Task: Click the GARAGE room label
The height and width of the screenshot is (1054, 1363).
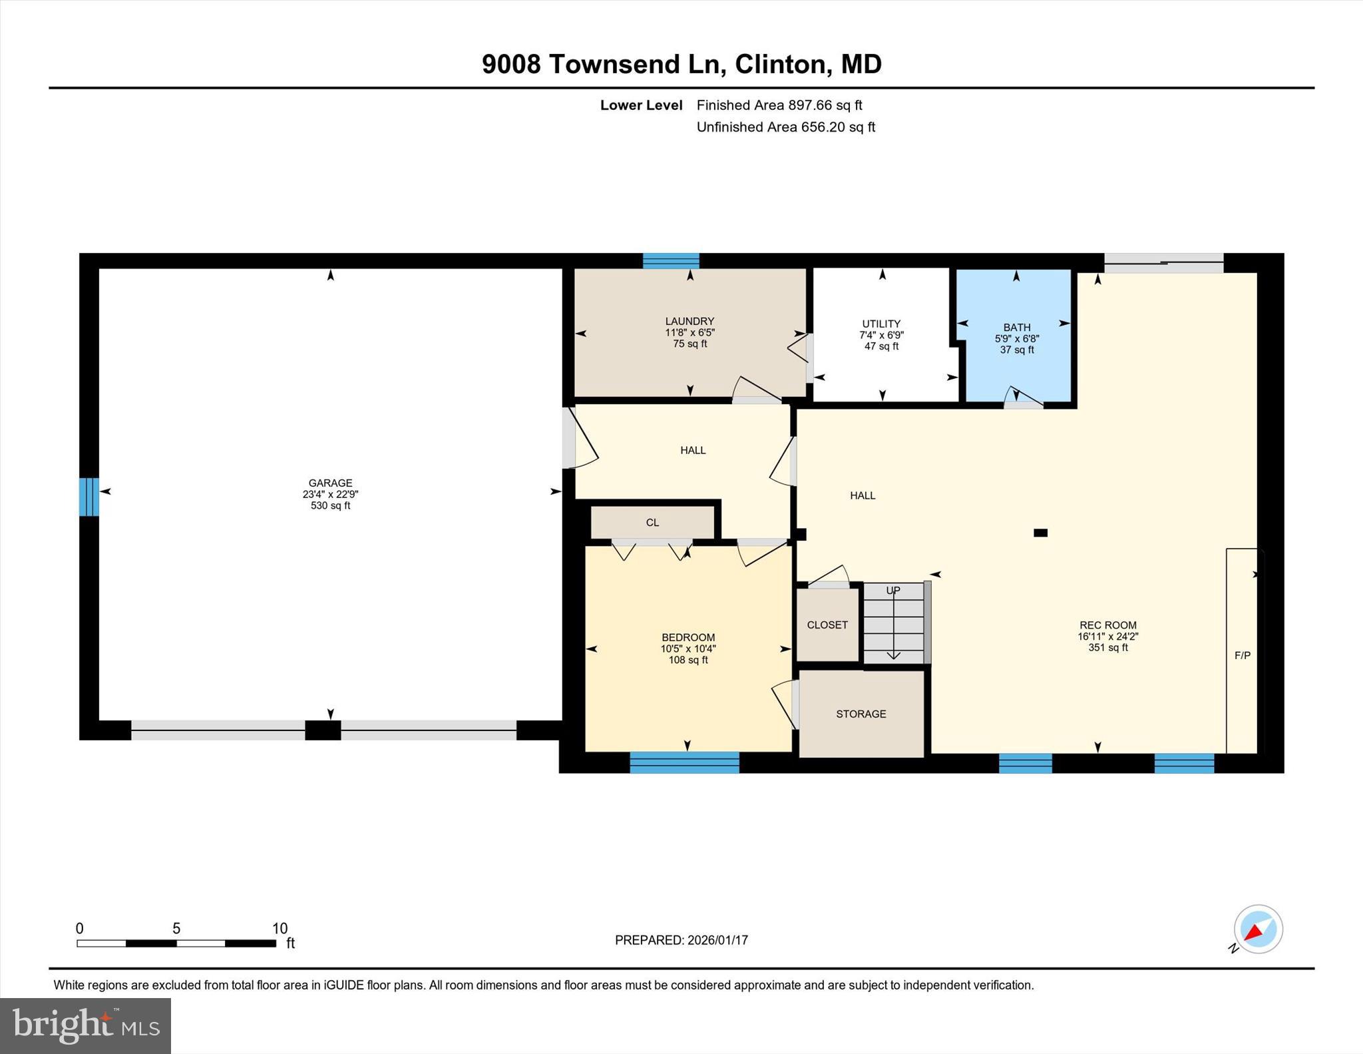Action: [x=330, y=483]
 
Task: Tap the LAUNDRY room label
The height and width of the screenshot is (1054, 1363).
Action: [x=689, y=321]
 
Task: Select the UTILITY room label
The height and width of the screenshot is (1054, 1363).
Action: [x=881, y=324]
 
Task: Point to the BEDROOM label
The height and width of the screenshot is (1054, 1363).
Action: [x=688, y=637]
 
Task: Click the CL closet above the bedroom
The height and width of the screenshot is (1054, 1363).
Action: [x=652, y=523]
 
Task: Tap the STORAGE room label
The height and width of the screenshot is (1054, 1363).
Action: [x=861, y=714]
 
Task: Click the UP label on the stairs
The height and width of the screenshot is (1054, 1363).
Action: [x=892, y=591]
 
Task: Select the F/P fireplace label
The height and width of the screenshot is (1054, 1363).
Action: [x=1242, y=655]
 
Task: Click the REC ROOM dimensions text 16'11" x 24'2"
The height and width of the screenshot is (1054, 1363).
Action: [x=1107, y=637]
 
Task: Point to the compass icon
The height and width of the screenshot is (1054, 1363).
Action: [x=1258, y=929]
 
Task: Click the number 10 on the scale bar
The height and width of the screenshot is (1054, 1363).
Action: [x=280, y=928]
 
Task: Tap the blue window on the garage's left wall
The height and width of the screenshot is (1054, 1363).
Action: [x=89, y=497]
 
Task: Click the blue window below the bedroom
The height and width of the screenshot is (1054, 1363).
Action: [x=684, y=762]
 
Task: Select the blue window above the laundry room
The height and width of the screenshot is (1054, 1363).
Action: [x=671, y=261]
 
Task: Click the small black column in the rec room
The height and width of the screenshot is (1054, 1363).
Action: [x=1040, y=533]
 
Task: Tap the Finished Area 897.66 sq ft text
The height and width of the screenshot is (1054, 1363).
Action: [x=779, y=105]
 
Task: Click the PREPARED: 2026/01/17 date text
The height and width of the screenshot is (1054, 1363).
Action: [x=681, y=940]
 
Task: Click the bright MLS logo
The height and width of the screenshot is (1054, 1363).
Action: [x=85, y=1025]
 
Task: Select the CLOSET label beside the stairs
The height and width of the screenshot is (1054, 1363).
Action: [x=827, y=625]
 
